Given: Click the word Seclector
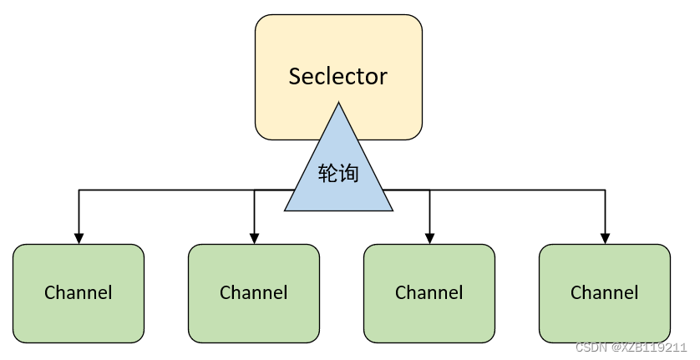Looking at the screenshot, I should (338, 77).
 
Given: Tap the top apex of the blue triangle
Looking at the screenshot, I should (338, 104).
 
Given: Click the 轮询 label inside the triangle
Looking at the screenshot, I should (338, 174).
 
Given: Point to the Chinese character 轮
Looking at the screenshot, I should (328, 174).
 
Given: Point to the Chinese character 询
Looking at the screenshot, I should (348, 174).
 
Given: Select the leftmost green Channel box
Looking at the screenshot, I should (79, 293).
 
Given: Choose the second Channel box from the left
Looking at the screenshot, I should (254, 293).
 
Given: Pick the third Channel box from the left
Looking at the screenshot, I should (429, 293).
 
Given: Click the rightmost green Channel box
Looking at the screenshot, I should (604, 293).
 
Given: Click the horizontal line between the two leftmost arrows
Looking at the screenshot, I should (167, 190).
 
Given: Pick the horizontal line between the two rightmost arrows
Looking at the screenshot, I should (518, 190).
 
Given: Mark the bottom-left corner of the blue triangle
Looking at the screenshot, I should (287, 210).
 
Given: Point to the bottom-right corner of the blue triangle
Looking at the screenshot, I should (391, 210).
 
